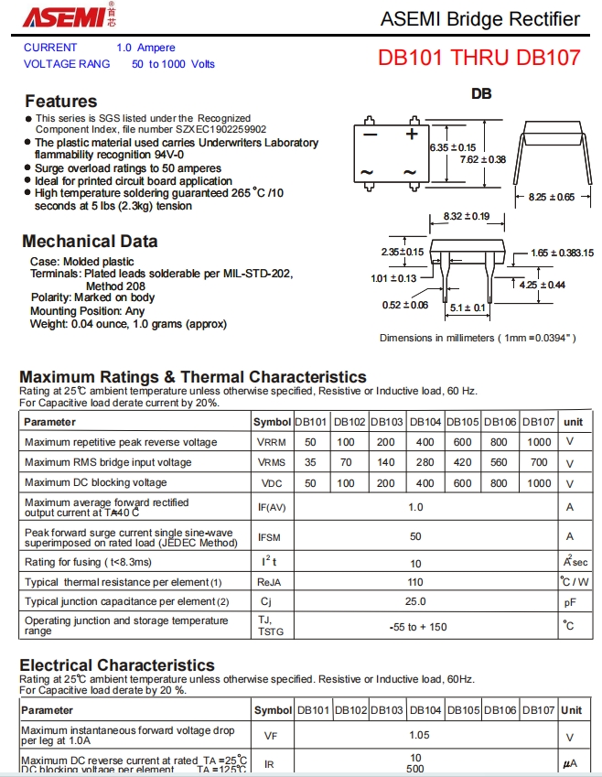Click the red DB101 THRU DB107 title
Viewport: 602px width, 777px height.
pos(478,57)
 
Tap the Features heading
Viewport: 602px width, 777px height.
pos(60,101)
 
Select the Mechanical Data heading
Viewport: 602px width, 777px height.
pos(90,242)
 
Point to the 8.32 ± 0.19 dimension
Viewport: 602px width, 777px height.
pos(466,217)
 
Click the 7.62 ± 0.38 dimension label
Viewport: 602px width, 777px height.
pos(482,159)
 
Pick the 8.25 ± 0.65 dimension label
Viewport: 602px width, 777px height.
pos(552,197)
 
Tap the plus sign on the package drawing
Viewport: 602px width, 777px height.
pos(412,135)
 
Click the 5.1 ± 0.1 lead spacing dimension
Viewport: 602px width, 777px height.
pos(468,308)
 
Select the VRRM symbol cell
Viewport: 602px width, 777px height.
pos(272,442)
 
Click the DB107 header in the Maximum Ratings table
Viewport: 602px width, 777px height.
pos(540,422)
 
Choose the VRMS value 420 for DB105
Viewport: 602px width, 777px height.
pos(463,462)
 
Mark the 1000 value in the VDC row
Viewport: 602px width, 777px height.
pos(540,482)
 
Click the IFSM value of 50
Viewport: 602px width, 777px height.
pos(415,536)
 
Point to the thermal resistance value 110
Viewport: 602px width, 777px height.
pos(415,582)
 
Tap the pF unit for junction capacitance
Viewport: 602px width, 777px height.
pos(569,602)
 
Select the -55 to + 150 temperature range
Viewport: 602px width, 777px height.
pos(415,626)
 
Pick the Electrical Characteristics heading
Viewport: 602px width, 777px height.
pos(117,665)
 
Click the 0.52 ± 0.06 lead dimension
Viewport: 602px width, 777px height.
pos(406,305)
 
